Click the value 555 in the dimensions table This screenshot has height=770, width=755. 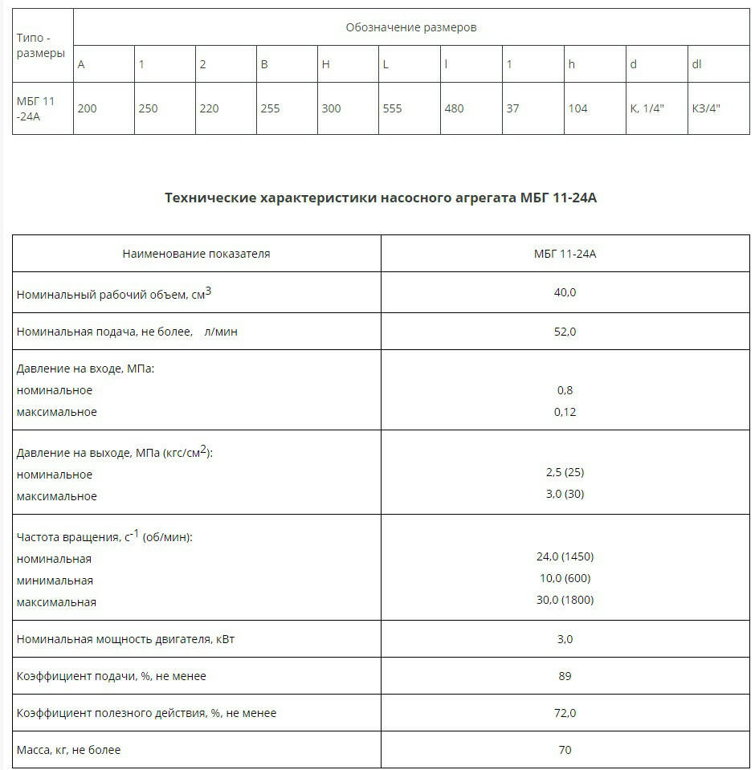392,108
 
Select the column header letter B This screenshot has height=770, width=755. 263,64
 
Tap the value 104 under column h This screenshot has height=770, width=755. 577,108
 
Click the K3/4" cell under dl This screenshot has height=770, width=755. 706,108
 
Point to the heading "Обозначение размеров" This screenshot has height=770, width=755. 411,27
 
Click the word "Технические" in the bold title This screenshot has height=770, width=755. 210,198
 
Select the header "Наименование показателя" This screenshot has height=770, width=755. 196,254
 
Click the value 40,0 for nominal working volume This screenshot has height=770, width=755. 565,292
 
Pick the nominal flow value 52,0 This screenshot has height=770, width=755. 565,332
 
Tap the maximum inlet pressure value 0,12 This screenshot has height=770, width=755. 565,412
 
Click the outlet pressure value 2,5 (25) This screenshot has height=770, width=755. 565,473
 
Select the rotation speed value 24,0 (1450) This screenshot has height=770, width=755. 565,556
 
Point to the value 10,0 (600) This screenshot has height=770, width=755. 565,578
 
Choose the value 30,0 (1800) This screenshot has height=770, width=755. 565,600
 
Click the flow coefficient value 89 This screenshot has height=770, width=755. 565,676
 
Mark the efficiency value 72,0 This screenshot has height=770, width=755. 565,713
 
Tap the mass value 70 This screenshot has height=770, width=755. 565,750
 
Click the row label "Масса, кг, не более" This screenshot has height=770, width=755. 69,750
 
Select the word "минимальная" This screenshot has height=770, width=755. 55,581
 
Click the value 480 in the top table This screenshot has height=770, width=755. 454,108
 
